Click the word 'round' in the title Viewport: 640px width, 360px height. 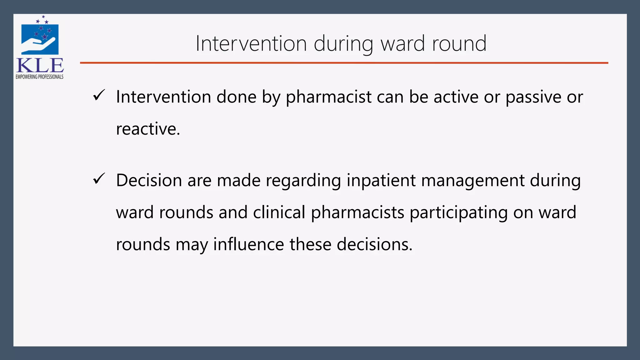[x=459, y=43]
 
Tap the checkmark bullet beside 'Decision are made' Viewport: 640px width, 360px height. [x=99, y=179]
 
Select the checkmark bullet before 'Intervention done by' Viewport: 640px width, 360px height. [x=99, y=95]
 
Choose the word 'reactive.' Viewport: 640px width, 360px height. [x=148, y=129]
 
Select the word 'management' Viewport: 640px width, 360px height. [x=473, y=181]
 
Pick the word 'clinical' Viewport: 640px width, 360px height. [x=279, y=212]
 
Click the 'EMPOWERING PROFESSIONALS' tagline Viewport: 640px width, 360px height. [x=40, y=77]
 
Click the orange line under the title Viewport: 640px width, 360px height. [x=344, y=63]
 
